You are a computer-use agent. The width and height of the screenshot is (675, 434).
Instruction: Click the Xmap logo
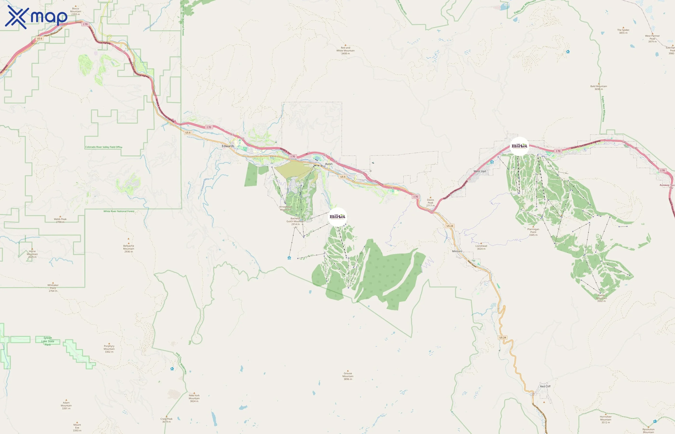(x=36, y=17)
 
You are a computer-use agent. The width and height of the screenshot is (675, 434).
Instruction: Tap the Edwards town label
(x=228, y=146)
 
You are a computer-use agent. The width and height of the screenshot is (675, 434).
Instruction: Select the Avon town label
(x=329, y=164)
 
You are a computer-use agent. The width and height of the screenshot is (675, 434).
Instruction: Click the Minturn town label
(x=457, y=251)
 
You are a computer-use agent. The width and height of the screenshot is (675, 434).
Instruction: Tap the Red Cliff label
(x=545, y=386)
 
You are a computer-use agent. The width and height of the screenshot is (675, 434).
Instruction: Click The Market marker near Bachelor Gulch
(x=337, y=217)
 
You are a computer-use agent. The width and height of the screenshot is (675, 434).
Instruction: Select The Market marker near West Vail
(x=520, y=146)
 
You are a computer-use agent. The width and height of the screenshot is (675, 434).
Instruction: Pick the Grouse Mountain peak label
(x=348, y=376)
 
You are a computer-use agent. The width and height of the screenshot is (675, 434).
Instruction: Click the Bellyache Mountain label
(x=128, y=249)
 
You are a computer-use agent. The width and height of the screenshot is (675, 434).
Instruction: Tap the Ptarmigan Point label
(x=533, y=232)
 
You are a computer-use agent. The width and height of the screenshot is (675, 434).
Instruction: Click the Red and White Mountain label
(x=345, y=50)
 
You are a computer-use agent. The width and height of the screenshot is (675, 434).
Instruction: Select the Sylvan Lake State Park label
(x=47, y=341)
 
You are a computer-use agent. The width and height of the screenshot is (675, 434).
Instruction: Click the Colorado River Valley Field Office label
(x=104, y=147)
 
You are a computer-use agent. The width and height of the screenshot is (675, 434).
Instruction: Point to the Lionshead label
(x=481, y=247)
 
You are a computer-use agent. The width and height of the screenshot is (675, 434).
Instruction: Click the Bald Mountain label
(x=598, y=88)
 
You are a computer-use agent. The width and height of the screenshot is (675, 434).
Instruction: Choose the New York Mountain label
(x=194, y=398)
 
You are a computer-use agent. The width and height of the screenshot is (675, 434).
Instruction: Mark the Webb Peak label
(x=60, y=220)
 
